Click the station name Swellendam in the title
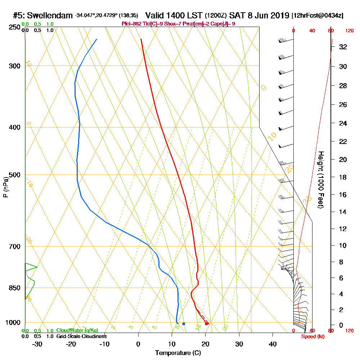coord(50,15)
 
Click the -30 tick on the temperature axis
coord(37,343)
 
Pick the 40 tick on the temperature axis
coord(273,343)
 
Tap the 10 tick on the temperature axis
coord(172,343)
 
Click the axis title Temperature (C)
coord(178,353)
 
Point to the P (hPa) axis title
coord(5,187)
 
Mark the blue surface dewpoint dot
coord(184,324)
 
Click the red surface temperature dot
coord(206,324)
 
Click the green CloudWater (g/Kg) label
coord(77,330)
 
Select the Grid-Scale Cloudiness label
coord(81,336)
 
